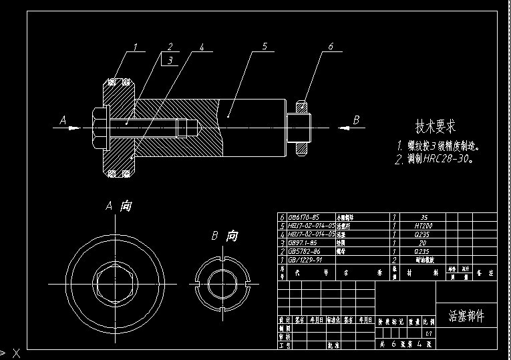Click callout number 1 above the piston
point(135,47)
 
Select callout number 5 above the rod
point(265,46)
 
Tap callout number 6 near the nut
point(331,46)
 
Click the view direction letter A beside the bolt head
point(63,120)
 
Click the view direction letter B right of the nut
point(356,120)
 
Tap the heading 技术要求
point(436,126)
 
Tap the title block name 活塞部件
point(466,315)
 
